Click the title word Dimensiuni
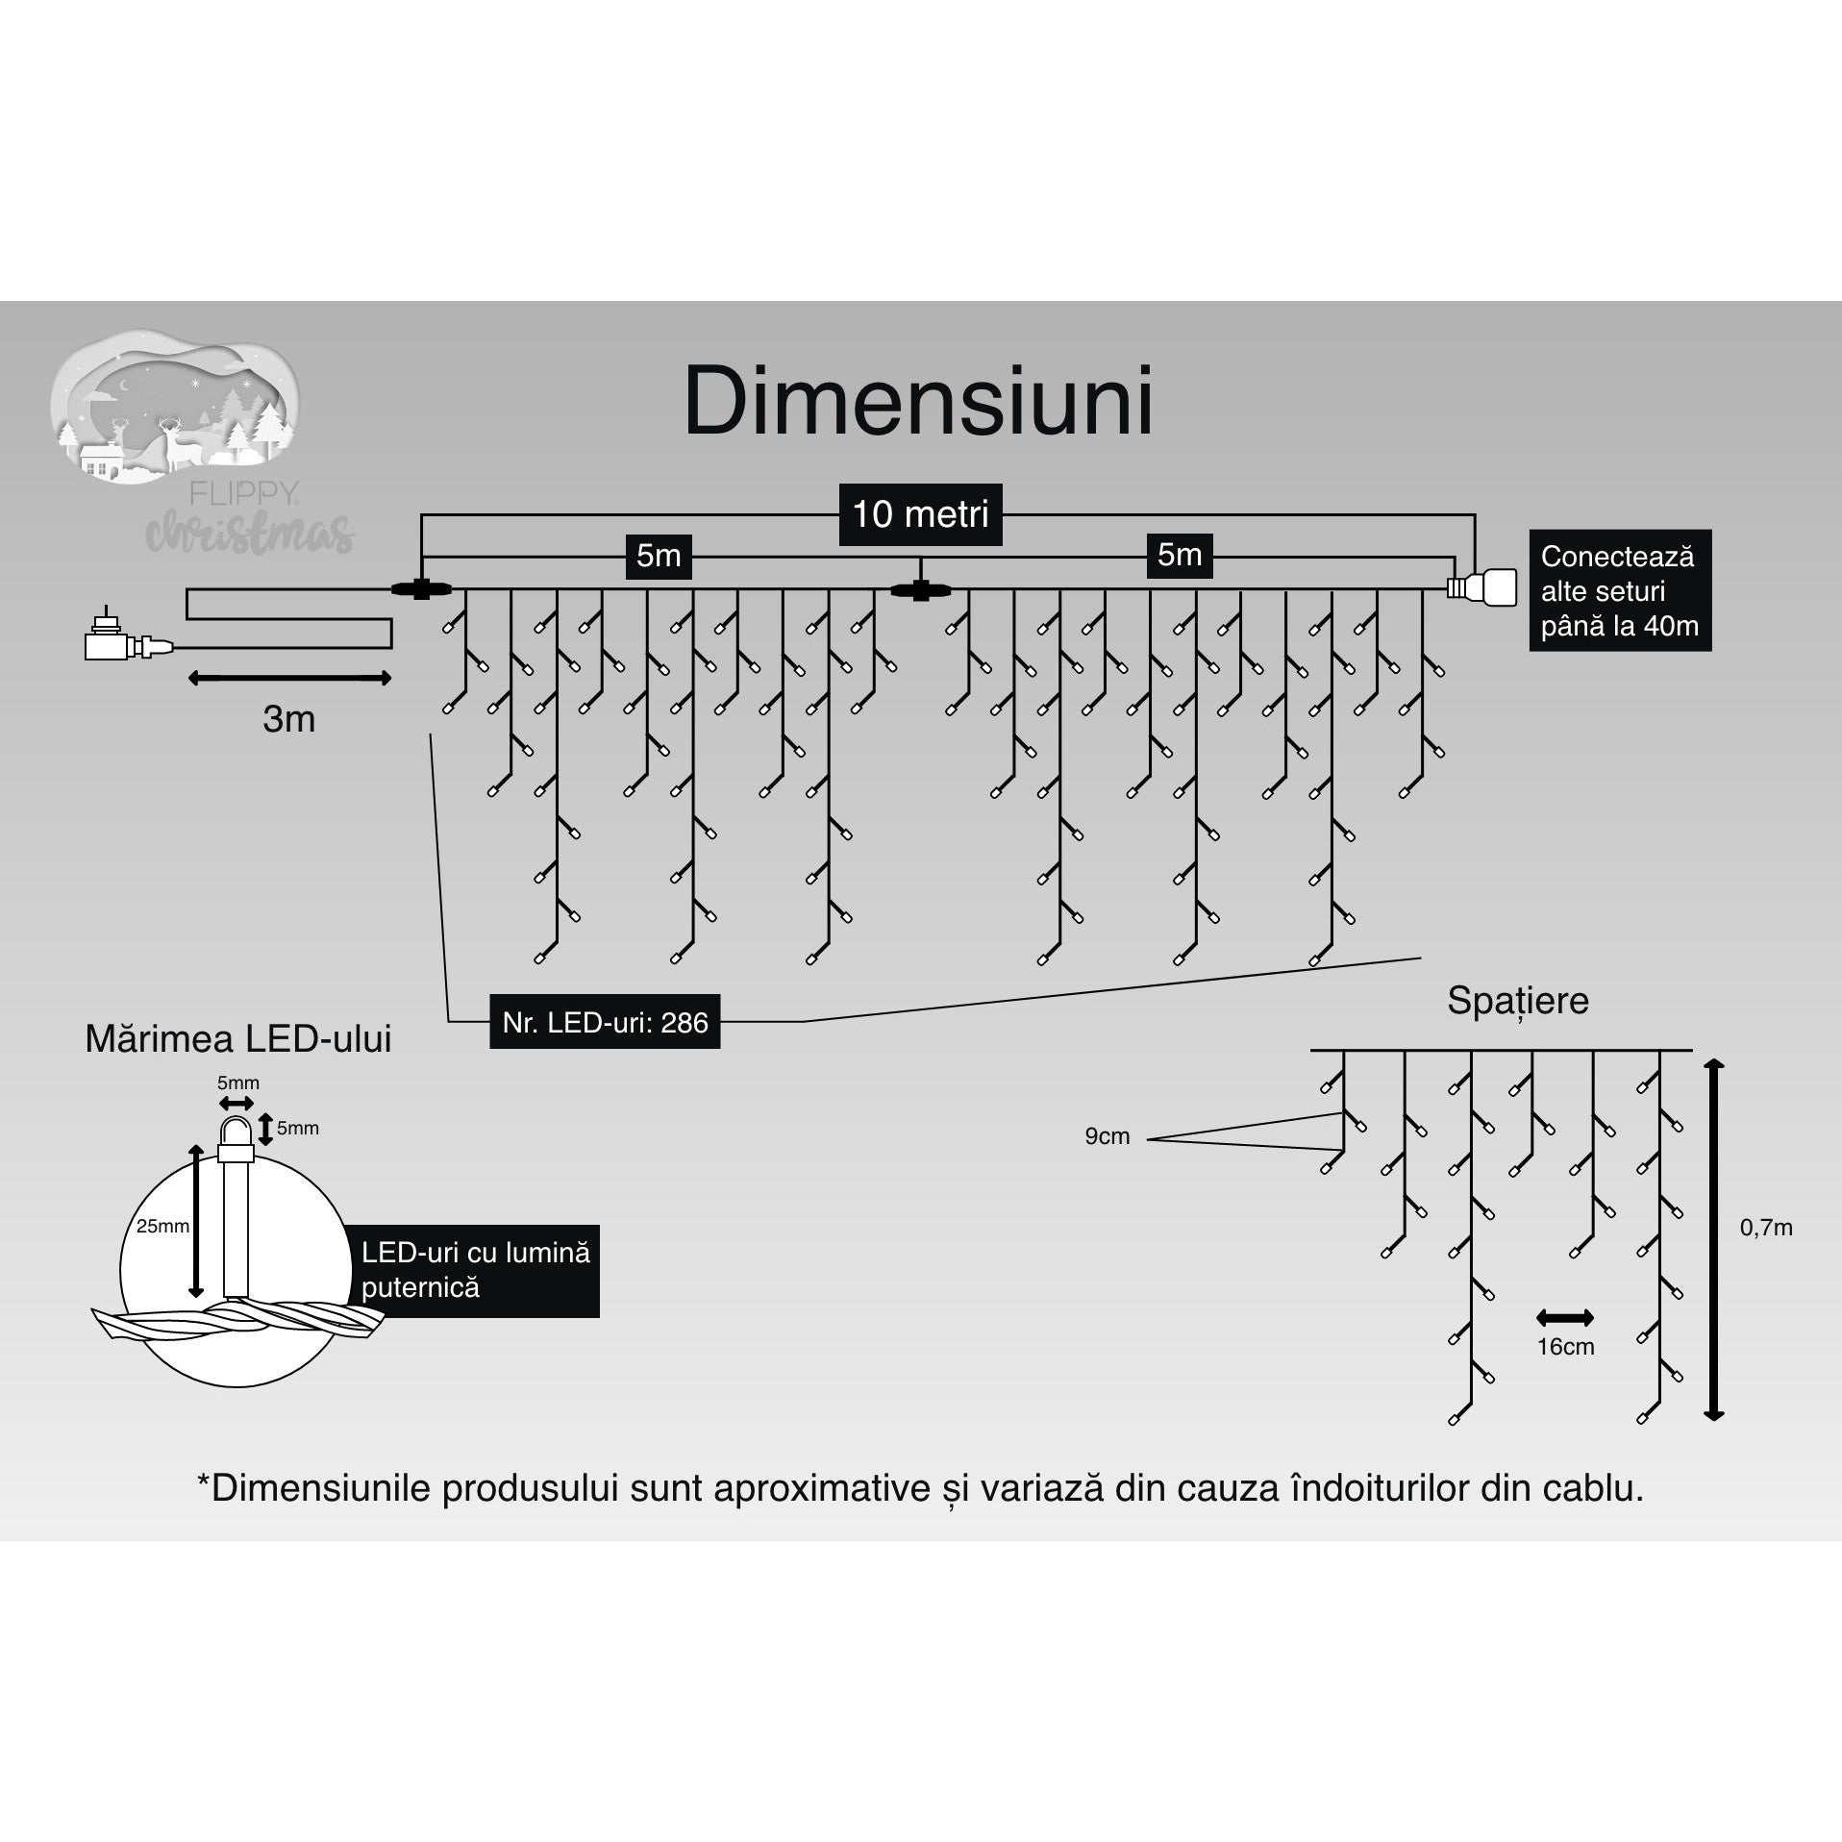918,402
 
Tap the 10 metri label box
920,514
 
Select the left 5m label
659,556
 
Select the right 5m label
1180,555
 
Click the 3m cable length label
288,719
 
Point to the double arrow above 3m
288,679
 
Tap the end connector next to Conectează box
1482,586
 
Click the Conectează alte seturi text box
1619,590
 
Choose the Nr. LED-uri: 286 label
605,1022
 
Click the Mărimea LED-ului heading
238,1039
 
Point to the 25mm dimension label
162,1227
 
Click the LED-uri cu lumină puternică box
476,1270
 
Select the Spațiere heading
1517,1001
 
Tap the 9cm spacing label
1107,1136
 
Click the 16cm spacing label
1565,1347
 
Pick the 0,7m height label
1766,1228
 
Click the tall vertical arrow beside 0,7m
1714,1240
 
